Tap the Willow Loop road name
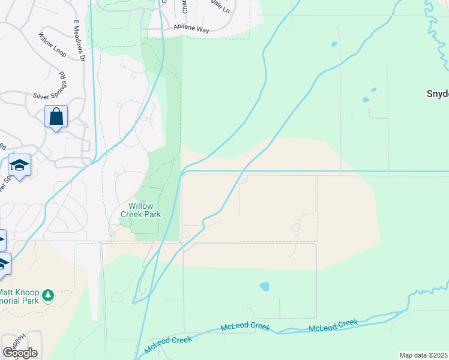(x=53, y=44)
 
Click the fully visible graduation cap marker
(x=19, y=165)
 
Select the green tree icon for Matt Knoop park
(x=49, y=295)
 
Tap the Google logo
(x=19, y=353)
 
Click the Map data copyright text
(x=424, y=355)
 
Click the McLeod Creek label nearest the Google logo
(x=169, y=344)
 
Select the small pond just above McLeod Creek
(x=265, y=286)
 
